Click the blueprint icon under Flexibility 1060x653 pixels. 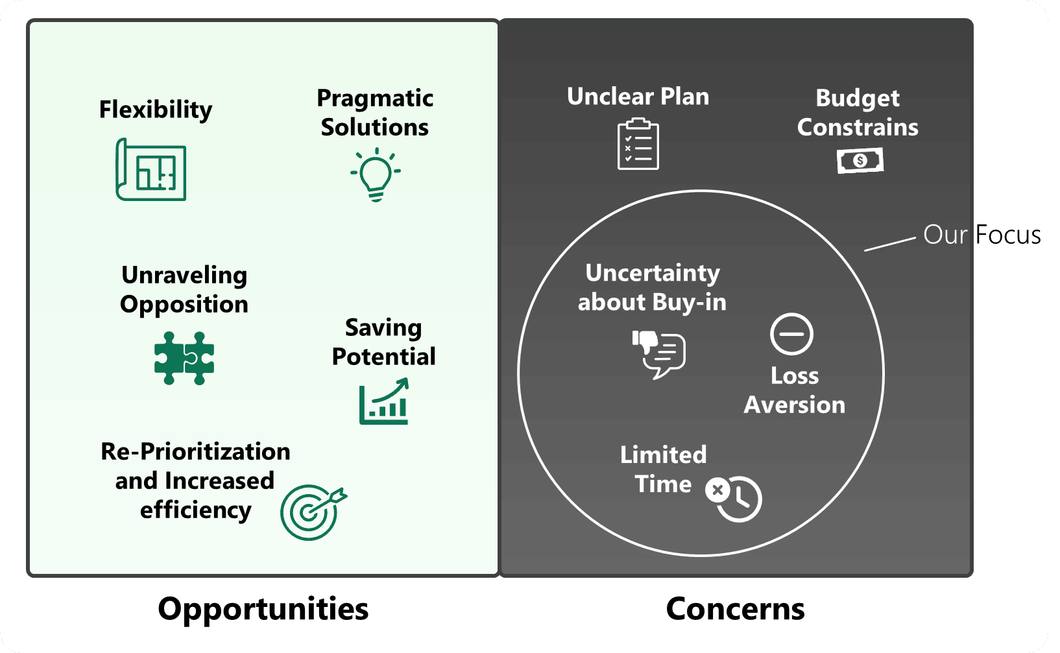[x=151, y=169]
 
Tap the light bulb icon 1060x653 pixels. [x=376, y=174]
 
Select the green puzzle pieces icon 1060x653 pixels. [x=184, y=358]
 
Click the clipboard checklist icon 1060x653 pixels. [x=638, y=144]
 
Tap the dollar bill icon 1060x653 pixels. [x=860, y=160]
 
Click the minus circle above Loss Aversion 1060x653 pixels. [x=791, y=334]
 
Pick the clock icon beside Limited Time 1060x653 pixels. [x=735, y=498]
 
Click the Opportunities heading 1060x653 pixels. [x=263, y=609]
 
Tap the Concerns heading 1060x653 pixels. [x=735, y=609]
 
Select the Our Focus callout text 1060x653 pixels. [x=982, y=235]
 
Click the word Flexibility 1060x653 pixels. [x=156, y=109]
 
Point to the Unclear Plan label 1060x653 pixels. [x=638, y=97]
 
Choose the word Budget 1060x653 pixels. [x=857, y=98]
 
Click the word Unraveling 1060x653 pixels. [x=184, y=275]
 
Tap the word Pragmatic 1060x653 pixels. [x=375, y=98]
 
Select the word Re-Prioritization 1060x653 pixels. [x=195, y=451]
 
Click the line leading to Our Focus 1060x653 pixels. [x=889, y=244]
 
